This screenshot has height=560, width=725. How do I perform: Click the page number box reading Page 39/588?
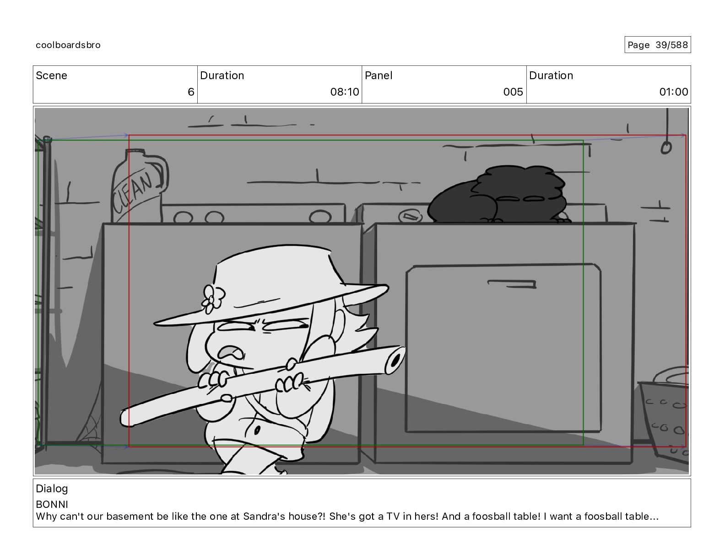658,45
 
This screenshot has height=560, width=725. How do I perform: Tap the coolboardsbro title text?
68,45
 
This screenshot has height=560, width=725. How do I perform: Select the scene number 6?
191,92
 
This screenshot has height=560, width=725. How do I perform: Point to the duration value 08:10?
345,92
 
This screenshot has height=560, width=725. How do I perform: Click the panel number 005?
513,92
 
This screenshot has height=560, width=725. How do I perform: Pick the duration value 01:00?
674,92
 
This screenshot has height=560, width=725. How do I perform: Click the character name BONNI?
52,504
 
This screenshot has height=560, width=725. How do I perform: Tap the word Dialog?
52,489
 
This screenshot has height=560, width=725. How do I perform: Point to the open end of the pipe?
395,361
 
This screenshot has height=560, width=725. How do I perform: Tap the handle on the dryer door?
512,284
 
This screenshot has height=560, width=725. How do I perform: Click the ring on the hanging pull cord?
666,148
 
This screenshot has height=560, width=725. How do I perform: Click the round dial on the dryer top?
411,216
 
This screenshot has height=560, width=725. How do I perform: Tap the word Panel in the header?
379,75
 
